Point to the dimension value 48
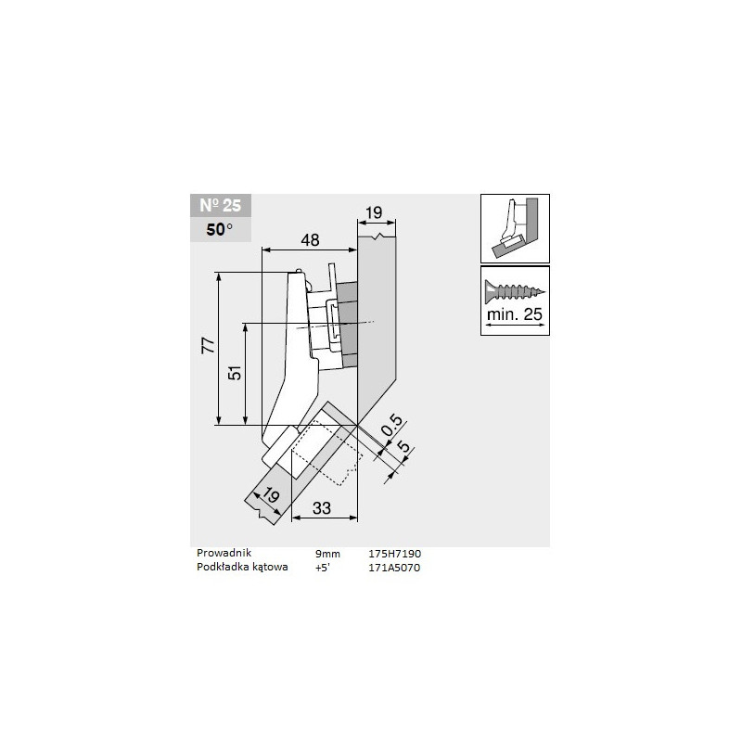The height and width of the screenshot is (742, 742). point(309,239)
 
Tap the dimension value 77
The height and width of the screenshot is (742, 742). point(209,346)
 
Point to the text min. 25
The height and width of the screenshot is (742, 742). point(514,315)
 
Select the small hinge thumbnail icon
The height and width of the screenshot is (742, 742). point(514,227)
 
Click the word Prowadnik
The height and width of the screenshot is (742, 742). point(224,554)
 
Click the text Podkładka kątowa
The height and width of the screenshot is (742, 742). point(237,568)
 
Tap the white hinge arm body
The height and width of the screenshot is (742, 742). point(297,362)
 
